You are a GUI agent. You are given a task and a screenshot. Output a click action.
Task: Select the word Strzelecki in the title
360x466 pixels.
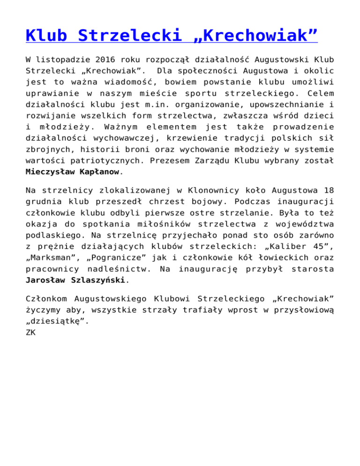(x=125, y=35)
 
